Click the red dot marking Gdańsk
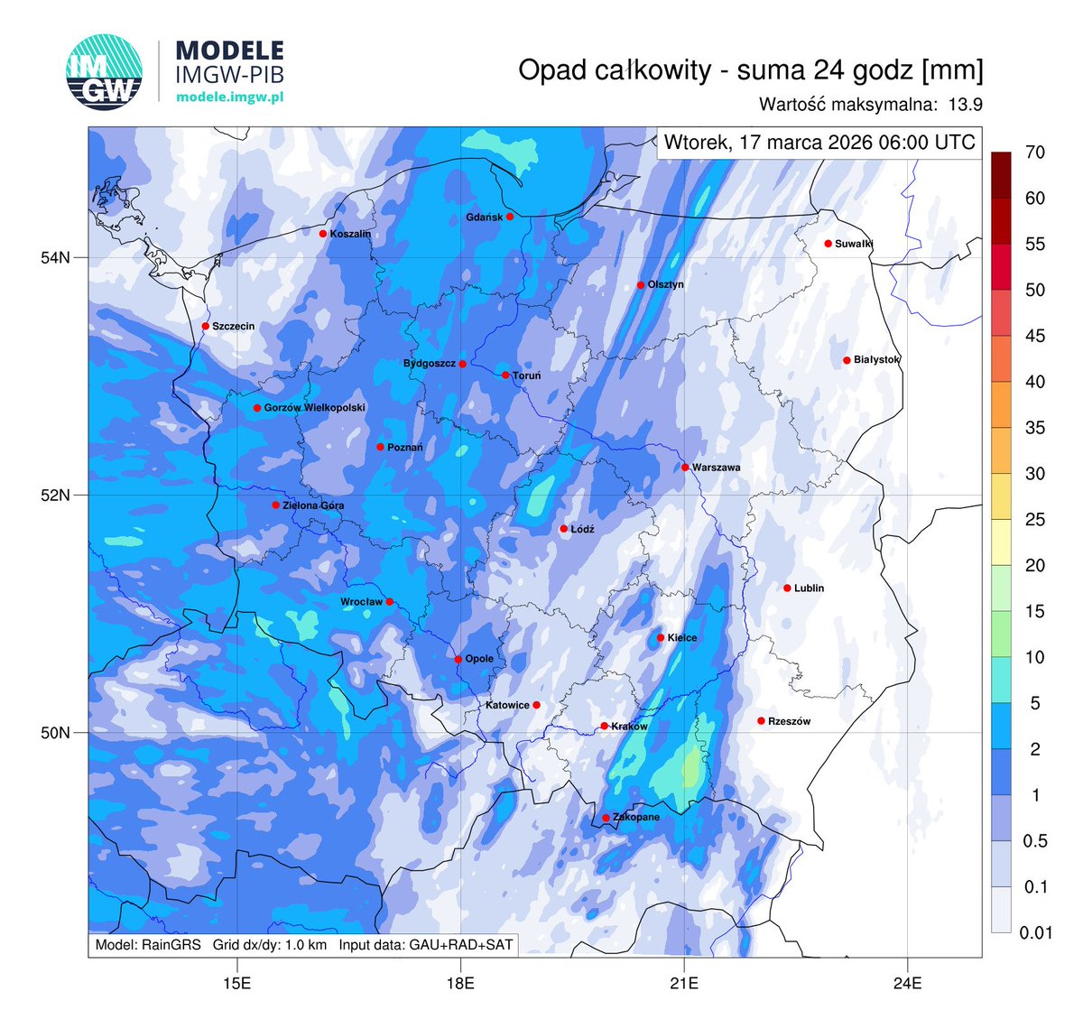pyautogui.click(x=510, y=217)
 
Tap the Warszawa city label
pyautogui.click(x=716, y=468)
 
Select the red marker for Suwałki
pyautogui.click(x=828, y=244)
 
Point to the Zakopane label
pyautogui.click(x=636, y=818)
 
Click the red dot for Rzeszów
pyautogui.click(x=761, y=720)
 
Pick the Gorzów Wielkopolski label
pyautogui.click(x=314, y=408)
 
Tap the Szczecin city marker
pyautogui.click(x=206, y=326)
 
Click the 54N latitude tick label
pyautogui.click(x=55, y=258)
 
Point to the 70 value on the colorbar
pyautogui.click(x=1035, y=153)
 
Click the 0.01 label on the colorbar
pyautogui.click(x=1036, y=932)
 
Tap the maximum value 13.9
pyautogui.click(x=965, y=105)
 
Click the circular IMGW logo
pyautogui.click(x=105, y=72)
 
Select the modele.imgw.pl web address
pyautogui.click(x=229, y=97)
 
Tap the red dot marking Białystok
pyautogui.click(x=847, y=360)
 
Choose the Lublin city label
pyautogui.click(x=809, y=588)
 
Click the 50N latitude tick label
pyautogui.click(x=55, y=732)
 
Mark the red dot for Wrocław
pyautogui.click(x=390, y=602)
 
